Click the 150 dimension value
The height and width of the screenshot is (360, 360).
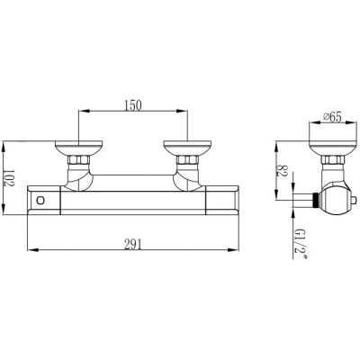click(x=132, y=105)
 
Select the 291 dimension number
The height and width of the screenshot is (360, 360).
click(x=132, y=245)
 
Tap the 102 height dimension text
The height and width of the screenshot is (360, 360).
click(x=9, y=179)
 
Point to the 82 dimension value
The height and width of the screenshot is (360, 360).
click(x=282, y=170)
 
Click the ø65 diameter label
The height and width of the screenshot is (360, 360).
click(x=332, y=117)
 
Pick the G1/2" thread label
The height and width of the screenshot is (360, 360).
click(x=300, y=242)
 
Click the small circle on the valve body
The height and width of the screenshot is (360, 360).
click(x=40, y=200)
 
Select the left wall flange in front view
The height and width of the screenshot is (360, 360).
click(x=79, y=148)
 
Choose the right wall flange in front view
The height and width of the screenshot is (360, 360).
click(x=187, y=148)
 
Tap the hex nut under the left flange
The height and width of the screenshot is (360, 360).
click(x=78, y=160)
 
